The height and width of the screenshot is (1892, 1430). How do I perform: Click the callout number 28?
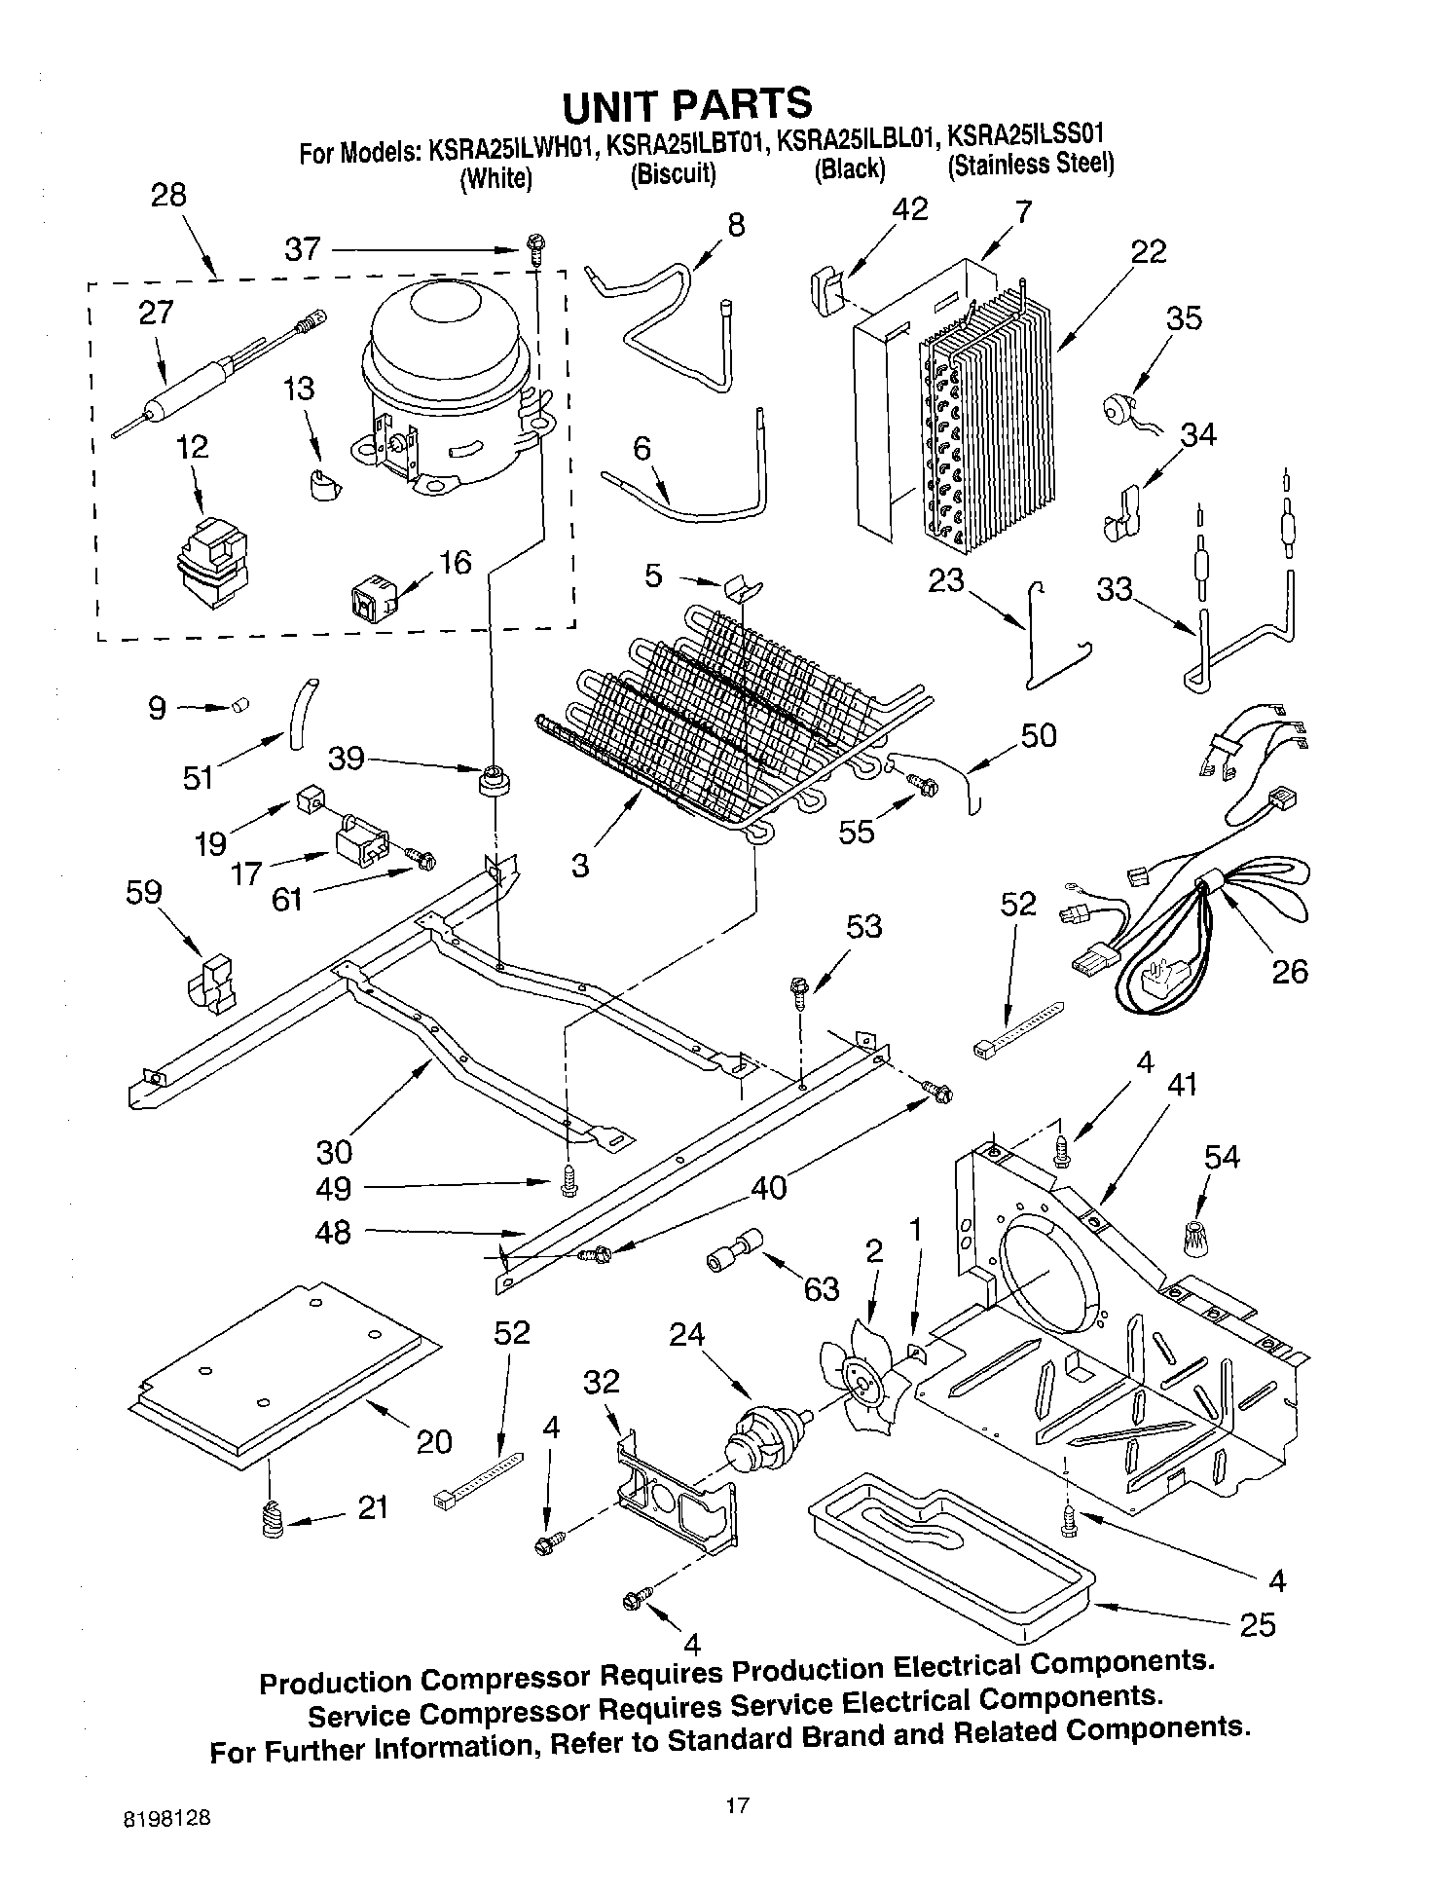(x=168, y=195)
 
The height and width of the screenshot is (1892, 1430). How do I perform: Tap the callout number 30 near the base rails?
(x=334, y=1152)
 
